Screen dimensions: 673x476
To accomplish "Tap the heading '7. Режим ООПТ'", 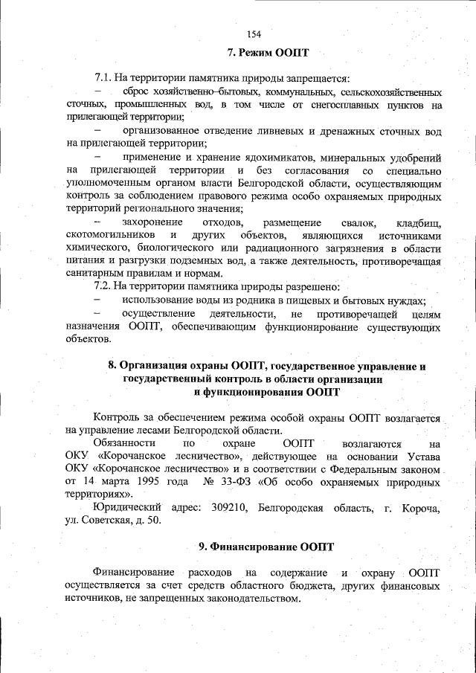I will (x=268, y=53).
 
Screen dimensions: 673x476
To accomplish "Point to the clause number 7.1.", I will (x=103, y=78).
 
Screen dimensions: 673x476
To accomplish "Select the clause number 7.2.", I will (x=103, y=286).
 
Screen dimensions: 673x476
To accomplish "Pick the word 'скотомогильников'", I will (x=112, y=235).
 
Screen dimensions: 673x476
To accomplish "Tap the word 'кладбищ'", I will (x=422, y=222).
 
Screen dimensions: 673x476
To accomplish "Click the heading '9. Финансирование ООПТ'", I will (x=267, y=547).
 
